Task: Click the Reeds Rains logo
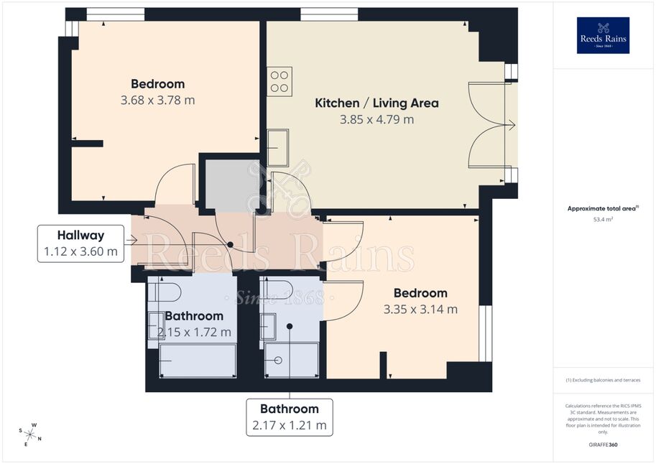point(603,35)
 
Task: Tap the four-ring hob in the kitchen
point(280,82)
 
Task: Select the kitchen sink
point(278,147)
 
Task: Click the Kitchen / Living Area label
point(376,103)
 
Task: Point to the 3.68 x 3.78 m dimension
point(158,101)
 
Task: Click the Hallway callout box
point(80,243)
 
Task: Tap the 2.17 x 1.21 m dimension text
point(290,425)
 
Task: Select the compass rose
point(30,435)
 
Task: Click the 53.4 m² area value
point(603,219)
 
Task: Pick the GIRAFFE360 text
point(603,445)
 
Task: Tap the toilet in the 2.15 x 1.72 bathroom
point(165,291)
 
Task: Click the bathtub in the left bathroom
point(198,361)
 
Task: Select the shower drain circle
point(278,361)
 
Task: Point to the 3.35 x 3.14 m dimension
point(420,310)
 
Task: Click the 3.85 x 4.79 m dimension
point(376,120)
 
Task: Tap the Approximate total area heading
point(602,208)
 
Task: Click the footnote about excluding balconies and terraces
point(603,380)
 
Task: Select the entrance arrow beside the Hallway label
point(131,240)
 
